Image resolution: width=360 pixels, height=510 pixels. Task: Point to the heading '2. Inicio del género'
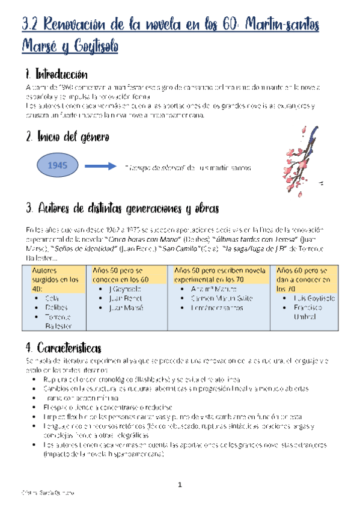pos(68,137)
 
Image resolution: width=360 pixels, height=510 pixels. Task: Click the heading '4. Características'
pos(63,348)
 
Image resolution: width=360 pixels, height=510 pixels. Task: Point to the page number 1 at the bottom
pos(179,485)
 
